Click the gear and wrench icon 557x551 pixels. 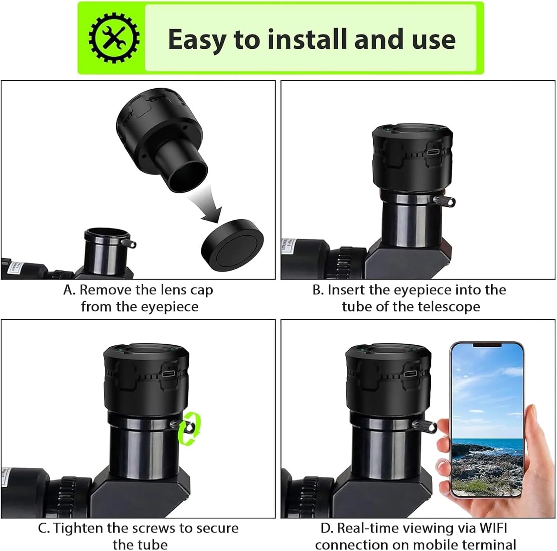click(x=114, y=38)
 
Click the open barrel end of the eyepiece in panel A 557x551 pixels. click(x=188, y=176)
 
